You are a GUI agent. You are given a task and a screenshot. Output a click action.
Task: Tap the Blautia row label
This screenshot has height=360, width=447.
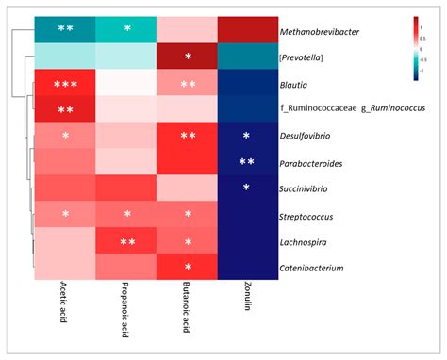300,85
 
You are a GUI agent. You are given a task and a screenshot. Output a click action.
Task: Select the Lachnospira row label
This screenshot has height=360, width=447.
307,242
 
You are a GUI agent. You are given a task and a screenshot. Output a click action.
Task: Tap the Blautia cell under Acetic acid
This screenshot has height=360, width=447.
65,84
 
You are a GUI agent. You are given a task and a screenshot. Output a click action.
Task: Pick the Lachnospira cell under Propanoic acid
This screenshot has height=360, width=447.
126,242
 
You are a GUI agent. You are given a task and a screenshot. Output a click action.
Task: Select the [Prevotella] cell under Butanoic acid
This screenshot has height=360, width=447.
188,57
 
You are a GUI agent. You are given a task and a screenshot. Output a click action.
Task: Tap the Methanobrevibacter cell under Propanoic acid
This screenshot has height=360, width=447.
126,31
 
